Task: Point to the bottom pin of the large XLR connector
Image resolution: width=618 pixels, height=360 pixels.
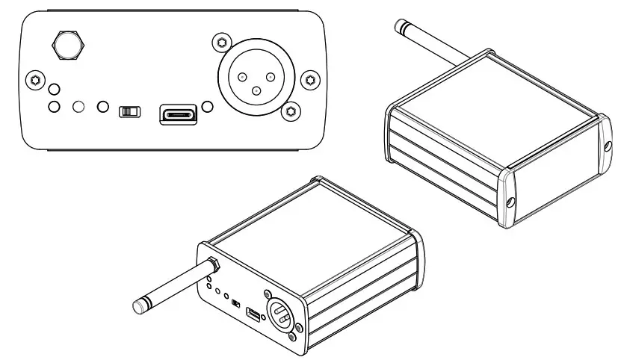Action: click(x=256, y=91)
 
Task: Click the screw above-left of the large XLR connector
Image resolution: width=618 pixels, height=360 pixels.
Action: click(x=219, y=42)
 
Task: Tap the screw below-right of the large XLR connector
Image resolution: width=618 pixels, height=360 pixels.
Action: click(x=292, y=112)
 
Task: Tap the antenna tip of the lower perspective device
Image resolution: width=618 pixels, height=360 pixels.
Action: click(x=139, y=306)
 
